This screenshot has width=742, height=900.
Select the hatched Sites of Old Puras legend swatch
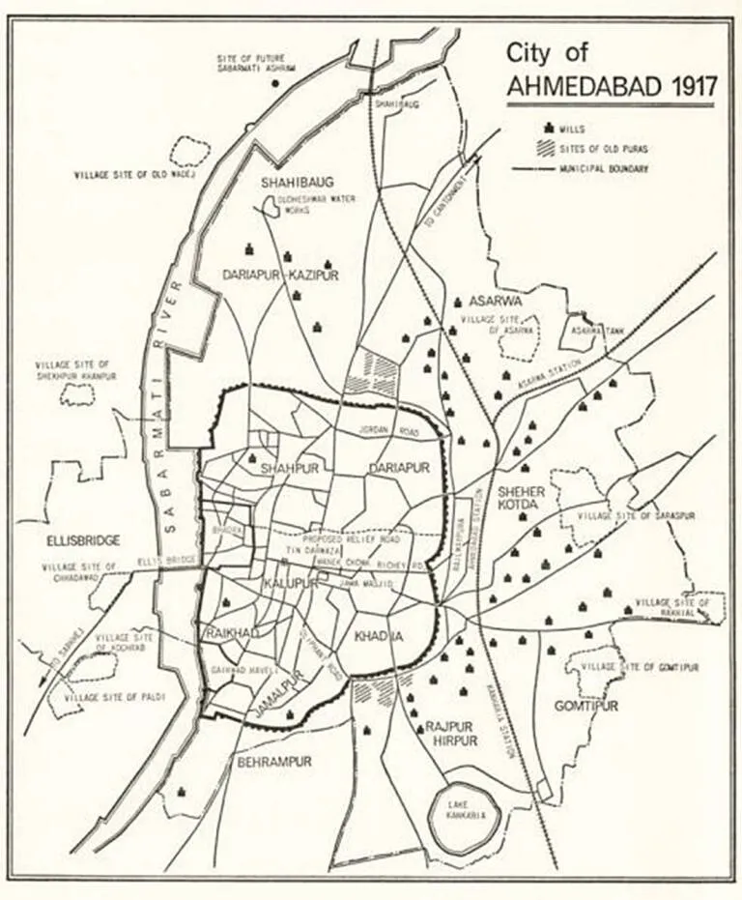coord(552,148)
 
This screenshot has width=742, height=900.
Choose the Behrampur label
coord(274,761)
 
